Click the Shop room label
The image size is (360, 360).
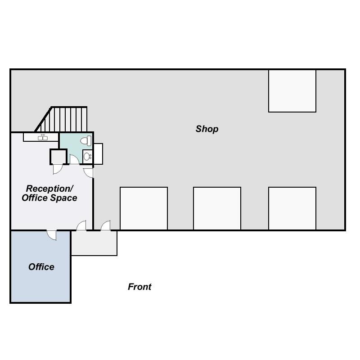pyautogui.click(x=207, y=129)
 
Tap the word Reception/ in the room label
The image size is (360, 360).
pyautogui.click(x=49, y=189)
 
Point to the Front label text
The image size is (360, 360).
pyautogui.click(x=139, y=287)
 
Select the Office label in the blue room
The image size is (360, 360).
pyautogui.click(x=41, y=267)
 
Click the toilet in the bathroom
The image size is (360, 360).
pyautogui.click(x=86, y=141)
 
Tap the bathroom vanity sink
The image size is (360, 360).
pyautogui.click(x=87, y=157)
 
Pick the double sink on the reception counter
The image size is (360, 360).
pyautogui.click(x=43, y=137)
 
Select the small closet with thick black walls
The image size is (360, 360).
pyautogui.click(x=58, y=157)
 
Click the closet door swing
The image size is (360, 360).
pyautogui.click(x=58, y=169)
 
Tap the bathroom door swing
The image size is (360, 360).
pyautogui.click(x=74, y=160)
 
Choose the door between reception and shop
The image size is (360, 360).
pyautogui.click(x=89, y=173)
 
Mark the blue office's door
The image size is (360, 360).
pyautogui.click(x=52, y=235)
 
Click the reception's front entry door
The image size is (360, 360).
pyautogui.click(x=81, y=225)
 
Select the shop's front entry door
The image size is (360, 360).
pyautogui.click(x=106, y=225)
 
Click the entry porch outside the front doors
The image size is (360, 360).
pyautogui.click(x=94, y=243)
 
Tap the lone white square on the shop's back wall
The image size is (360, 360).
pyautogui.click(x=292, y=91)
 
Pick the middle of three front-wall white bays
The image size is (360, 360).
pyautogui.click(x=217, y=208)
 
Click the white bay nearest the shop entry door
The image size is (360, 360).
pyautogui.click(x=144, y=208)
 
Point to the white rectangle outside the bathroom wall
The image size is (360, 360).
pyautogui.click(x=98, y=154)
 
